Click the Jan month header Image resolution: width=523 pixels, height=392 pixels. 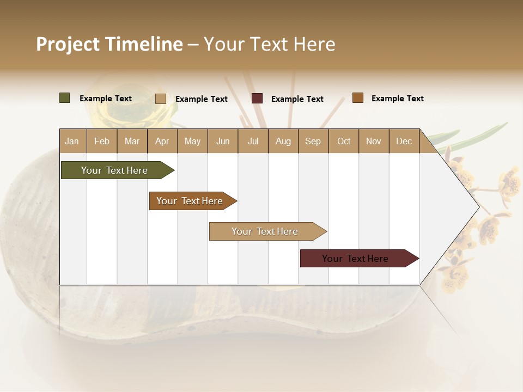(72, 141)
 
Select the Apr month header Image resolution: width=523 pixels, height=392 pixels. (162, 141)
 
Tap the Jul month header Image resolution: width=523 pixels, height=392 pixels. (253, 141)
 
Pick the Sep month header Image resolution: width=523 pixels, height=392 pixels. (313, 141)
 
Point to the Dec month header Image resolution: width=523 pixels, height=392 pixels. (404, 141)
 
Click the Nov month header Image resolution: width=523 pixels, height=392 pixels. (373, 141)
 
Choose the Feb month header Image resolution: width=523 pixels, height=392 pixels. (102, 141)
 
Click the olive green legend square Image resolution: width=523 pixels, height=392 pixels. (65, 98)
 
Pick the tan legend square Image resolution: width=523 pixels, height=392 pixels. (161, 99)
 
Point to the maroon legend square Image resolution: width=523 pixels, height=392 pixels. (257, 99)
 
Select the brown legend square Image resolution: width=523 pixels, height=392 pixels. (357, 98)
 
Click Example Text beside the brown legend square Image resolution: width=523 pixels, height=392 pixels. (397, 99)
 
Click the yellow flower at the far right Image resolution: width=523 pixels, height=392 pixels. (510, 182)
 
